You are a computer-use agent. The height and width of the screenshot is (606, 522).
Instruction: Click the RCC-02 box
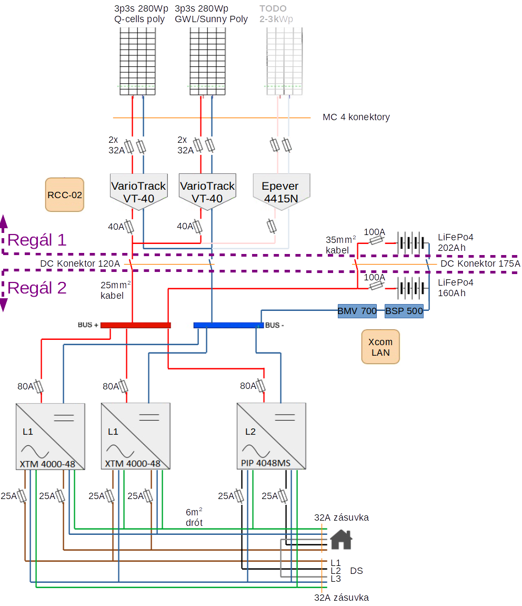(x=64, y=195)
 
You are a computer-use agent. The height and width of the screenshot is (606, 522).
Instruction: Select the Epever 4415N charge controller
(x=281, y=192)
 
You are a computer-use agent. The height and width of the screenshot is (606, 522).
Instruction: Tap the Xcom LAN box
(x=380, y=347)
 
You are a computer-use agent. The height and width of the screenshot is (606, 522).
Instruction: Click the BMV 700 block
(x=357, y=311)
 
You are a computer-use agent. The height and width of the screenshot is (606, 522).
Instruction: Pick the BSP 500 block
(x=404, y=311)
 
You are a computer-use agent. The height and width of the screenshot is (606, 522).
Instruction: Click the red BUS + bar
(x=135, y=326)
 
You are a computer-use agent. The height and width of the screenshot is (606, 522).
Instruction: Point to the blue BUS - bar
(x=228, y=326)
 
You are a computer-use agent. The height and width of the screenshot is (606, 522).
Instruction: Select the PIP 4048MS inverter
(x=271, y=436)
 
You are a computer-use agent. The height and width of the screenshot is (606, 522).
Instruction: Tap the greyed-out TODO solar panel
(x=284, y=61)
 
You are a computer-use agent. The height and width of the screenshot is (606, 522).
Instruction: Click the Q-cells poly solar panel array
(x=138, y=61)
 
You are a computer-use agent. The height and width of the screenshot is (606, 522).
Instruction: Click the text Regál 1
(x=37, y=240)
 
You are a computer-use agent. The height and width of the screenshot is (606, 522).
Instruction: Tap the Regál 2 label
(x=37, y=288)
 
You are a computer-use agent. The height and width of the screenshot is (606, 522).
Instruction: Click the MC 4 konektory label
(x=356, y=117)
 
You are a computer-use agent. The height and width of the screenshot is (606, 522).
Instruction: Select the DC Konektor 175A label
(x=480, y=263)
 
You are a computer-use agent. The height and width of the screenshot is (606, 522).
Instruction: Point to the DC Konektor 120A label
(x=80, y=263)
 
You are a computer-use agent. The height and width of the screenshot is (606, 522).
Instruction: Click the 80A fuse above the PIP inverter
(x=261, y=386)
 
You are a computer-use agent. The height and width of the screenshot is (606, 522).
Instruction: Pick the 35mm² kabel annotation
(x=340, y=245)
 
